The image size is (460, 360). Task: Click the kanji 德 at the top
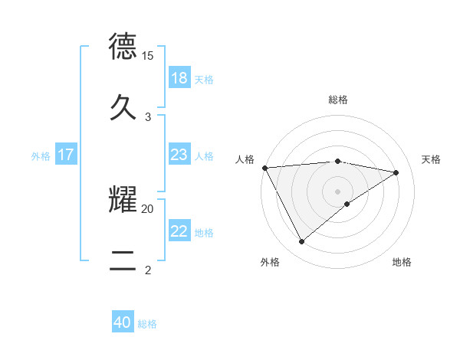(x=123, y=47)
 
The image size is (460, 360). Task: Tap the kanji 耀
(x=123, y=200)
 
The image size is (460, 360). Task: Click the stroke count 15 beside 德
(x=148, y=56)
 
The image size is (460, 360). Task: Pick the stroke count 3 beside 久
(x=148, y=116)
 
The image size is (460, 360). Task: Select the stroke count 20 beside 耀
(x=148, y=208)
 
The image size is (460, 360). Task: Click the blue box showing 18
(x=179, y=78)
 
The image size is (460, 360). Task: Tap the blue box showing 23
(x=179, y=155)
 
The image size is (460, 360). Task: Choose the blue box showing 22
(x=179, y=231)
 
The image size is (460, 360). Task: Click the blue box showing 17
(x=65, y=155)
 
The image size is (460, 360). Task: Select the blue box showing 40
(x=123, y=322)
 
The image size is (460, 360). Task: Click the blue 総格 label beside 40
(x=147, y=324)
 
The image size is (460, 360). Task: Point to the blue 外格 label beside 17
(x=41, y=156)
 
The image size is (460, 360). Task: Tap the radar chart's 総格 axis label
(x=338, y=100)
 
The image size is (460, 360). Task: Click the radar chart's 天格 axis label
(x=432, y=159)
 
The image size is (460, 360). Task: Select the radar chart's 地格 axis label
(x=402, y=262)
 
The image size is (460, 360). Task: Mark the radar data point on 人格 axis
(x=264, y=168)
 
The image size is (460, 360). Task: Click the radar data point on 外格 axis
(x=301, y=242)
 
